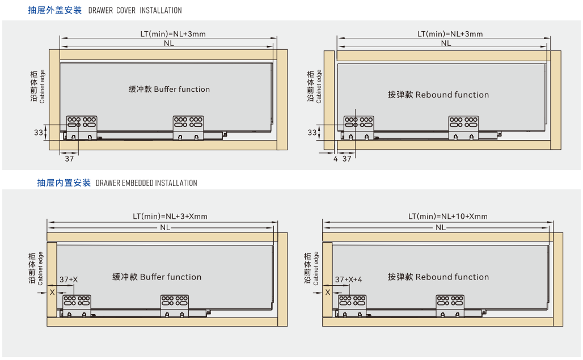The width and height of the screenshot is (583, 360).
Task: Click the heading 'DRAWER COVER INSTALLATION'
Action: tap(135, 10)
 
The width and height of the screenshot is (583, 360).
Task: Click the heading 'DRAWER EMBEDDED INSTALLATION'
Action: tap(146, 183)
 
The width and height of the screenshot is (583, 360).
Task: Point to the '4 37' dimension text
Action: tap(342, 159)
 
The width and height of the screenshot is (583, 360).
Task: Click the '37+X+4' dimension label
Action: tap(348, 279)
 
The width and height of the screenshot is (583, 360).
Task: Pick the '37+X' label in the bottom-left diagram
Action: tap(69, 279)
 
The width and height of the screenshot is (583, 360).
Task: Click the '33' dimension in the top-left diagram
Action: tap(38, 132)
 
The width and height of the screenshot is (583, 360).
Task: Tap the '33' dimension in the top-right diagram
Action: tap(312, 132)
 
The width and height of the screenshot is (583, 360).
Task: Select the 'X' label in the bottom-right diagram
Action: tap(327, 292)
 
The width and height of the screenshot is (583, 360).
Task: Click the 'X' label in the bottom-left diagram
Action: tap(52, 292)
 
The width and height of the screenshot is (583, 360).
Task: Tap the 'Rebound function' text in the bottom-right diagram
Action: tap(452, 277)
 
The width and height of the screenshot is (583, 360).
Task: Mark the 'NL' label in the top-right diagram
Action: tap(446, 43)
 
